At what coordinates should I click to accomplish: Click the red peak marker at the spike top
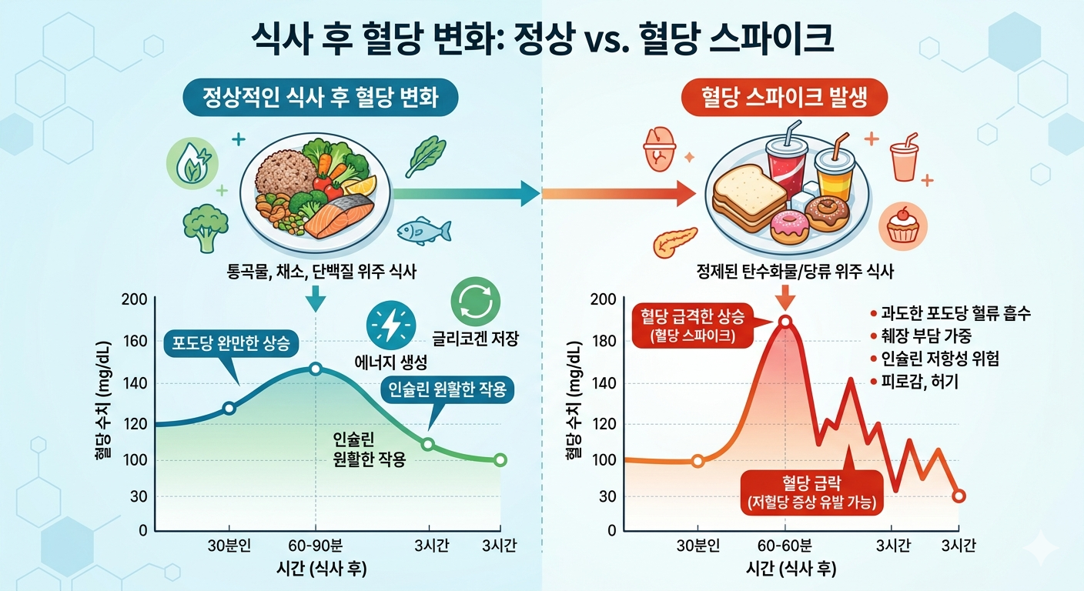click(x=785, y=322)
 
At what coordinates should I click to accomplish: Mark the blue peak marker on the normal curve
click(x=316, y=369)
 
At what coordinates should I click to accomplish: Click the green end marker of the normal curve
click(x=500, y=460)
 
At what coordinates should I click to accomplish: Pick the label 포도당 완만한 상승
click(x=231, y=344)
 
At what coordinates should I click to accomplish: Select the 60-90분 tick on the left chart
click(x=316, y=547)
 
